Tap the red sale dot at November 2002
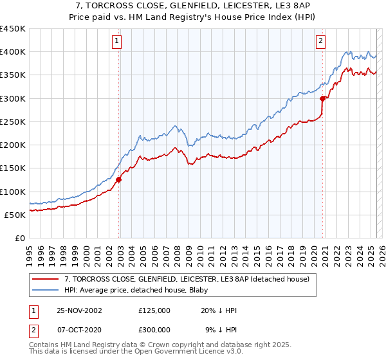point(119,180)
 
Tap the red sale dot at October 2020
point(322,98)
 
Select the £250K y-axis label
point(14,122)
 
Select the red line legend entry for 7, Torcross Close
point(187,279)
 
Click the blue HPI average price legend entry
point(141,289)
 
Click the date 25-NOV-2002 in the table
point(80,310)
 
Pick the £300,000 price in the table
point(155,330)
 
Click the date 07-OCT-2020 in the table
point(80,330)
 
